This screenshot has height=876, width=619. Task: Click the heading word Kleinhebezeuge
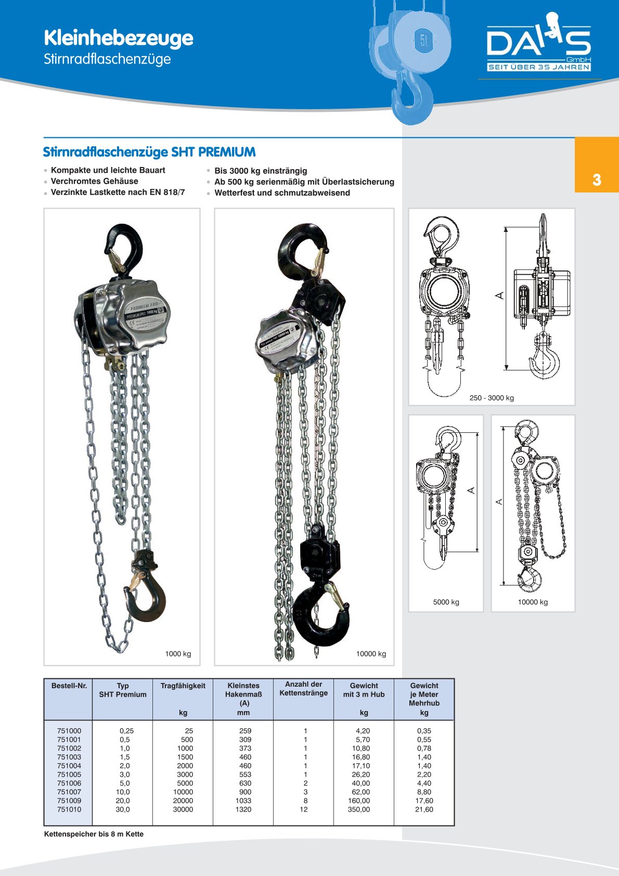coord(118,38)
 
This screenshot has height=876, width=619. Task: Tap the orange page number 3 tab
coord(596,179)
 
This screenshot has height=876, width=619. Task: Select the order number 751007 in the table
coord(69,792)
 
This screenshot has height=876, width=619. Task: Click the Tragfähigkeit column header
coord(183,686)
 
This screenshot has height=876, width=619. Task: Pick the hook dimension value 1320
coord(243,809)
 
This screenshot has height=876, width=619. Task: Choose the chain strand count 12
coord(304,809)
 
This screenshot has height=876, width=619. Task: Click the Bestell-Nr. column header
coord(69,686)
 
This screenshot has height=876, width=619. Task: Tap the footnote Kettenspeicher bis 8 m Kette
coord(94,834)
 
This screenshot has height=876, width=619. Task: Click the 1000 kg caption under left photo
coord(178,654)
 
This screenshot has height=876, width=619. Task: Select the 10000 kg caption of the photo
coord(371,654)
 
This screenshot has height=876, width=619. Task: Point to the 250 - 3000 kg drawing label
coord(492,398)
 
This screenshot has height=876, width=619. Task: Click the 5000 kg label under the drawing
coord(446,602)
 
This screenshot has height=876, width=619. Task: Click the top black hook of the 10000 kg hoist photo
coord(302,250)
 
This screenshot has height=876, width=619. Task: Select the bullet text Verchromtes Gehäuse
coord(94,181)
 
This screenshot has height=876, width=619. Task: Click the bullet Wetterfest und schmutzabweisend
coord(282,192)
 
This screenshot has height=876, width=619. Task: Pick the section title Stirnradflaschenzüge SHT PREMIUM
coord(149,152)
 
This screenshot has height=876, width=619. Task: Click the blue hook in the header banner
coord(412,99)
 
